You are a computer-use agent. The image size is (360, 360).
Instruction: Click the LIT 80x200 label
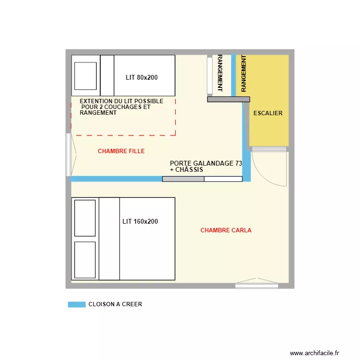142,77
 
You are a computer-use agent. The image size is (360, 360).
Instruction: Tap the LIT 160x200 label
140,222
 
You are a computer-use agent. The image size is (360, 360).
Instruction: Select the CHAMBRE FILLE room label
121,151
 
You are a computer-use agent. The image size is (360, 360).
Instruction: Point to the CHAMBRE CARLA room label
226,230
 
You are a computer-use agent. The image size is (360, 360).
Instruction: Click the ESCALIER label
268,114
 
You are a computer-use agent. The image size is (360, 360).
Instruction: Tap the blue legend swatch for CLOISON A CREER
76,304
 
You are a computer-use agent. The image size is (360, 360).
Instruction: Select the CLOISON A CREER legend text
115,304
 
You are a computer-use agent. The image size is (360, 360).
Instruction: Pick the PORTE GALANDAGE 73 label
205,164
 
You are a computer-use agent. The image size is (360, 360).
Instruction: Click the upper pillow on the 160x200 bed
85,218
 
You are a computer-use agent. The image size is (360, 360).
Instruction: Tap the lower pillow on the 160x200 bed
85,259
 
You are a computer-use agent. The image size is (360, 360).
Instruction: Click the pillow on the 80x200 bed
84,75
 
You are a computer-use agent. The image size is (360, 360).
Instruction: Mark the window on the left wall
69,155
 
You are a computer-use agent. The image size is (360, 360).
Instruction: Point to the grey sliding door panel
183,179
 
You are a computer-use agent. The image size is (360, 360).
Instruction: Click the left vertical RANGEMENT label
220,73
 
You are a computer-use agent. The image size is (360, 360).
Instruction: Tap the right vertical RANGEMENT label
244,73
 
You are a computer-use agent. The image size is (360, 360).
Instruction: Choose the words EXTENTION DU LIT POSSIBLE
121,102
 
